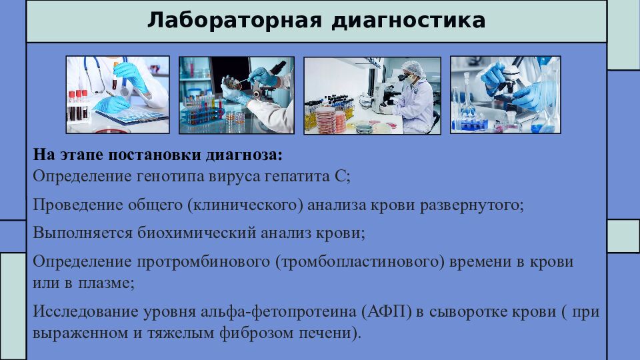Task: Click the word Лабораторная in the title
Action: point(234,21)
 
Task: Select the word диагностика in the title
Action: point(408,21)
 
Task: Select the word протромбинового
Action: point(203,261)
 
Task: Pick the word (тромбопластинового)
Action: point(360,261)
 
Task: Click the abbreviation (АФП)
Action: point(387,311)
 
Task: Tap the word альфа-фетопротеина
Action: point(279,311)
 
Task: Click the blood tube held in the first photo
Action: point(115,76)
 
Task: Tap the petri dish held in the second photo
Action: point(231,83)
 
